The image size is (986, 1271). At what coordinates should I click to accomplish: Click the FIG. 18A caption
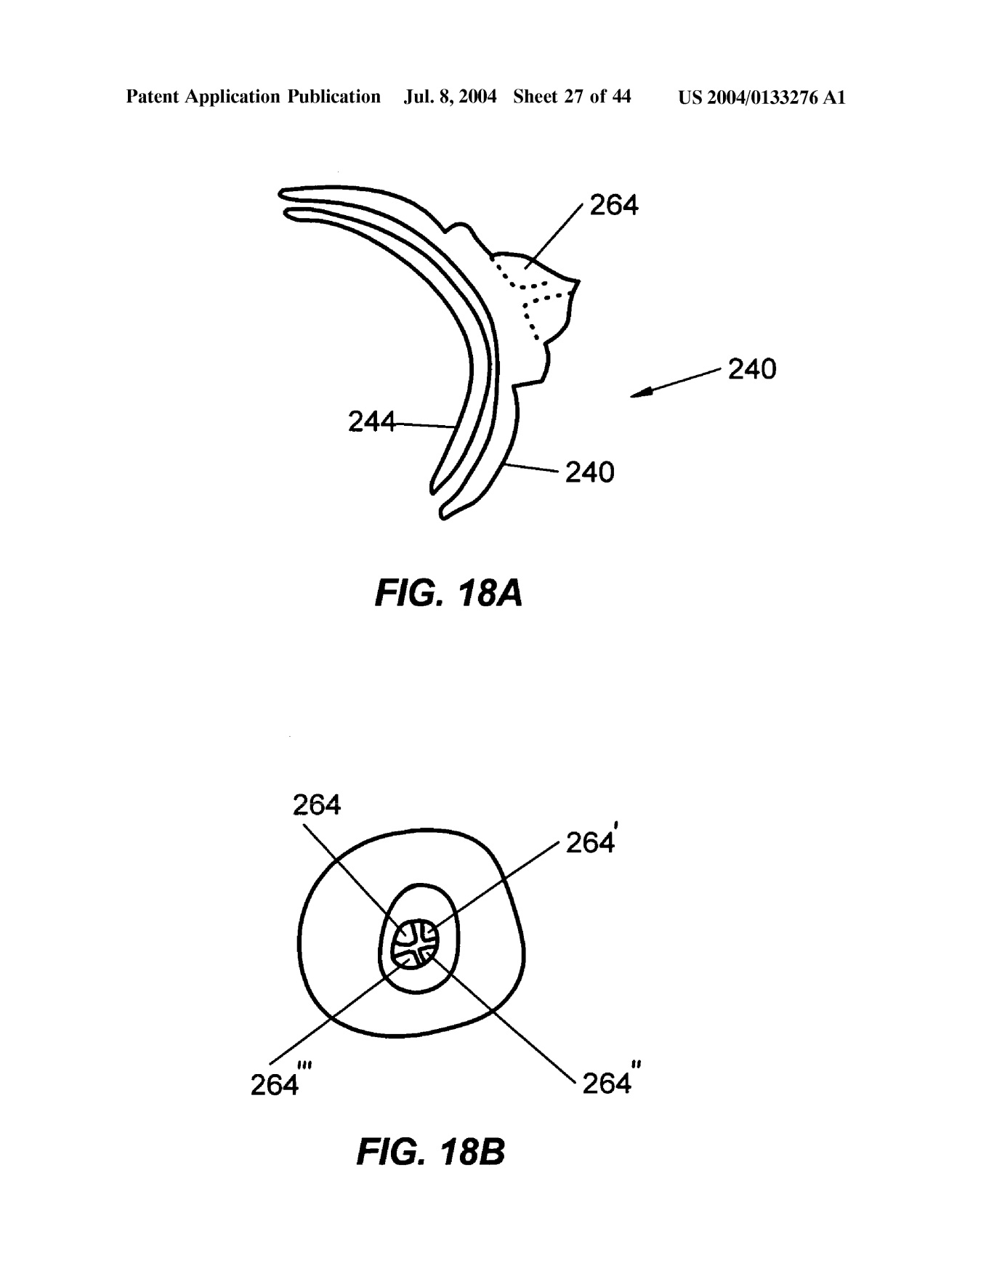click(x=448, y=594)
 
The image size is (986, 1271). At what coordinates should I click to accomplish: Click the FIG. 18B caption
click(x=430, y=1153)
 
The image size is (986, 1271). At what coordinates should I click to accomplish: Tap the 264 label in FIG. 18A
click(x=613, y=206)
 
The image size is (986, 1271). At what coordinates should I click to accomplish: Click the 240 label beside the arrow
click(x=752, y=369)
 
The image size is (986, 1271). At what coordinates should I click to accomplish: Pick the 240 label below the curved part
click(x=589, y=472)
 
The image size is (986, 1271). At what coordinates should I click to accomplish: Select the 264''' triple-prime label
click(x=280, y=1084)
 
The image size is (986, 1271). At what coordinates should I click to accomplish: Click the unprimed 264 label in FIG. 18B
click(x=317, y=805)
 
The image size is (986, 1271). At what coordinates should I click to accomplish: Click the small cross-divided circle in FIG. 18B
click(x=416, y=943)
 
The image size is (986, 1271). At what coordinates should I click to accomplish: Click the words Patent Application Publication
click(x=253, y=97)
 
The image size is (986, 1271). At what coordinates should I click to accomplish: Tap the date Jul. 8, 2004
click(x=450, y=97)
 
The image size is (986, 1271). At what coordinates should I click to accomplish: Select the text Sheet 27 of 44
click(x=572, y=97)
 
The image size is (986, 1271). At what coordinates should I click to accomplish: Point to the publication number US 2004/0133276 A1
click(x=761, y=97)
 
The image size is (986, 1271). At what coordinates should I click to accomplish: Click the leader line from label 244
click(x=425, y=424)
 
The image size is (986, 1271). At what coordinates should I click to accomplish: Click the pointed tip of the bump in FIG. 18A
click(x=579, y=280)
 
